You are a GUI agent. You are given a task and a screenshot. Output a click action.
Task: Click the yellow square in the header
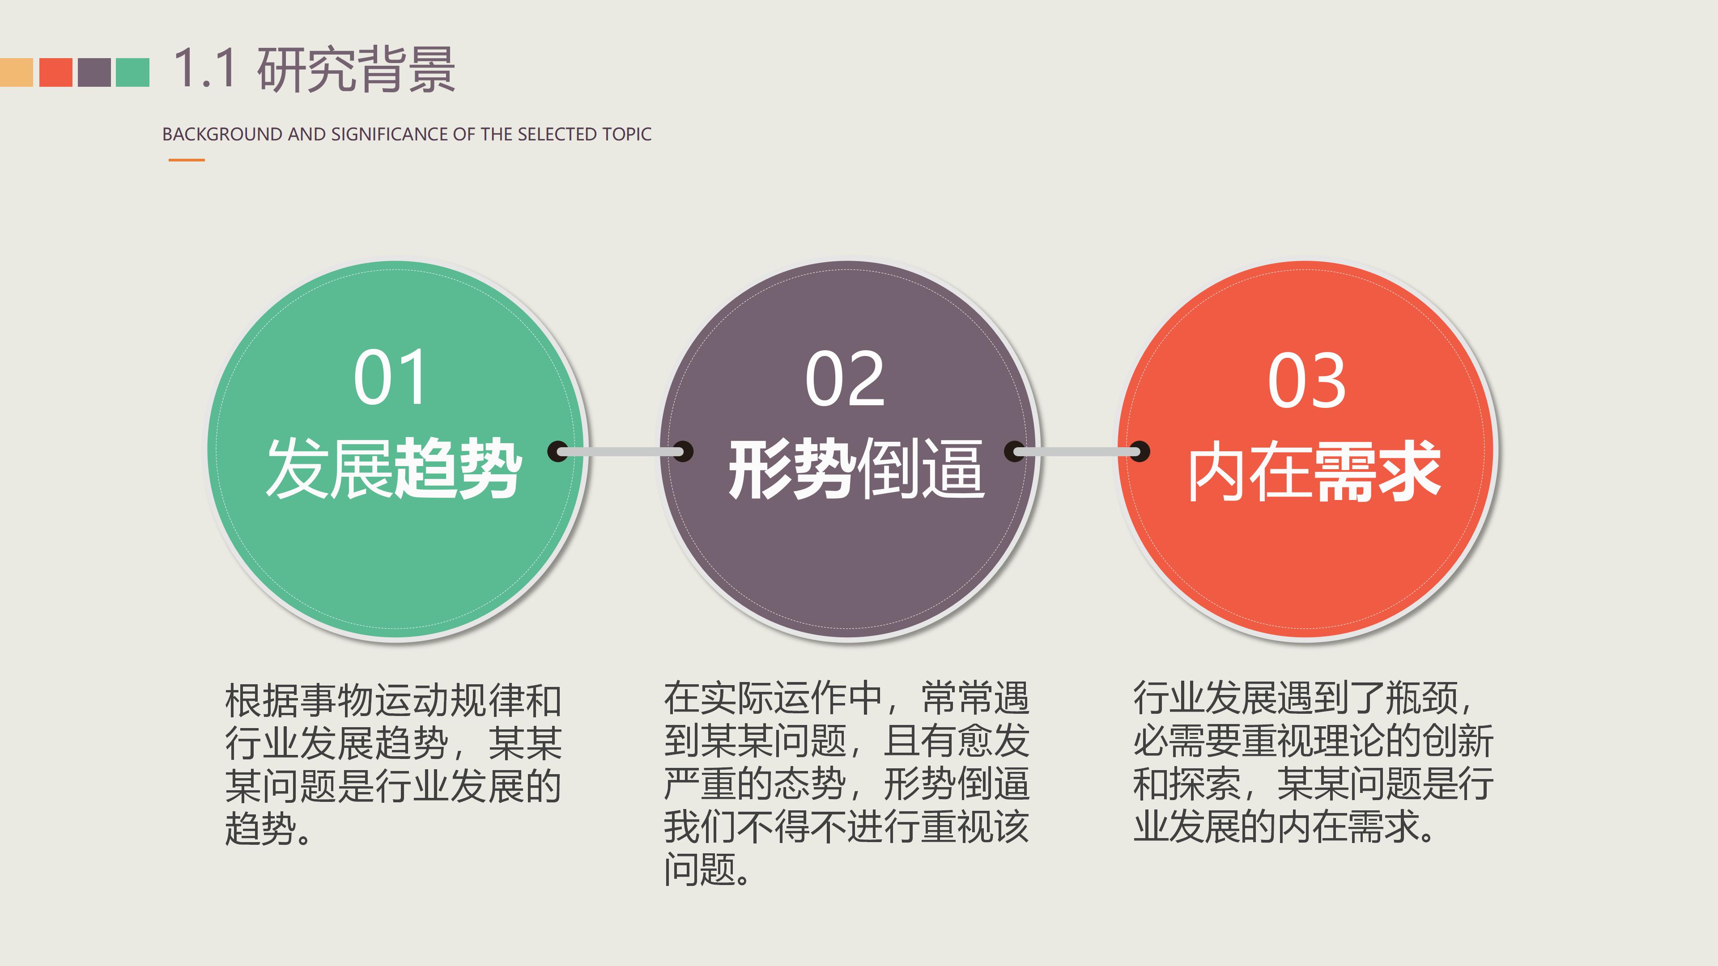(16, 72)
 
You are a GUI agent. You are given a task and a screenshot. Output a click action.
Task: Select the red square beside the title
(55, 72)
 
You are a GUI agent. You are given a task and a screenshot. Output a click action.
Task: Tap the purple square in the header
(94, 72)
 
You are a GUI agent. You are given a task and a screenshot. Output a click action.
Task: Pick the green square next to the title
(133, 72)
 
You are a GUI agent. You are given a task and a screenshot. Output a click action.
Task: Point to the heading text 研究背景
(356, 69)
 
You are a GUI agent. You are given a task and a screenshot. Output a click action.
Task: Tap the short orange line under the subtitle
(187, 160)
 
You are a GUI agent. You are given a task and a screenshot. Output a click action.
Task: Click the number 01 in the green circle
(390, 378)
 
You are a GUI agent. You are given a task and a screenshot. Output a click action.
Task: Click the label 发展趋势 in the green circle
(394, 469)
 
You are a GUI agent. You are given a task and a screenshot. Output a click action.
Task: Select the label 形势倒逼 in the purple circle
(856, 469)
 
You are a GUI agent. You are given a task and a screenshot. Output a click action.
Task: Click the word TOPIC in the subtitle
(626, 134)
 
